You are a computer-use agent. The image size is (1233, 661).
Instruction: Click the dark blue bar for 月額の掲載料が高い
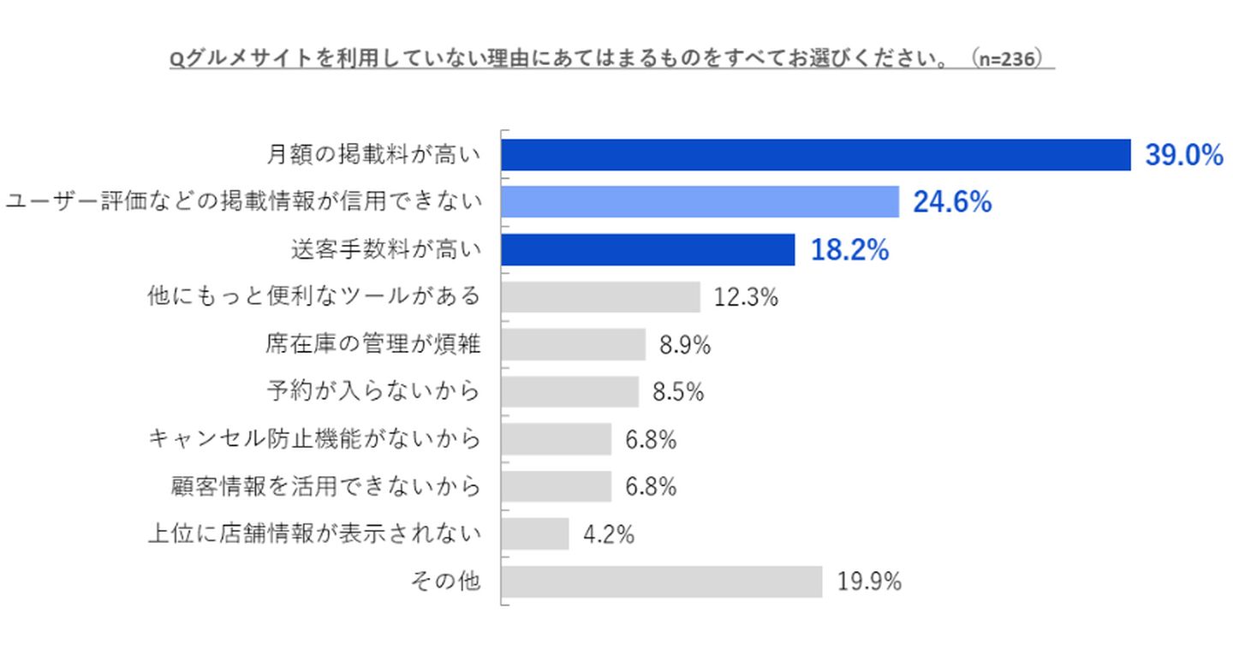(x=815, y=155)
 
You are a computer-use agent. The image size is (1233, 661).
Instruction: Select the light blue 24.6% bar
(x=700, y=202)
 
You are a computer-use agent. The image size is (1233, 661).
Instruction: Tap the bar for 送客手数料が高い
(x=647, y=250)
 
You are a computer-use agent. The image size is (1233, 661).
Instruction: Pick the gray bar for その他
(x=661, y=582)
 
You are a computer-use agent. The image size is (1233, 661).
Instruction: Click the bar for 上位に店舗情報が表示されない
(x=535, y=534)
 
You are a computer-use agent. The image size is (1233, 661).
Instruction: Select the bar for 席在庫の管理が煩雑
(x=573, y=344)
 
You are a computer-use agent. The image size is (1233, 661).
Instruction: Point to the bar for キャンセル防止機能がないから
(x=556, y=439)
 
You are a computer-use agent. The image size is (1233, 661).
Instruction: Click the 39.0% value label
(x=1184, y=155)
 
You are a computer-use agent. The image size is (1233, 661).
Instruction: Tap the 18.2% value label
(x=849, y=250)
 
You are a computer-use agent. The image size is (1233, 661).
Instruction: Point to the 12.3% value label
(x=746, y=297)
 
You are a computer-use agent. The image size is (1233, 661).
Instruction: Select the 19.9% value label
(x=869, y=582)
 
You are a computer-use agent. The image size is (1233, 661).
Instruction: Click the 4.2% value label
(x=608, y=534)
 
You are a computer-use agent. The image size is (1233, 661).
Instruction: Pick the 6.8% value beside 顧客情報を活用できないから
(x=651, y=487)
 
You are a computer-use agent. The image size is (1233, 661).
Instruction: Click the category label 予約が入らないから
(x=372, y=392)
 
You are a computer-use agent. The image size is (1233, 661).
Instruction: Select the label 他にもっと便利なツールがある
(x=313, y=297)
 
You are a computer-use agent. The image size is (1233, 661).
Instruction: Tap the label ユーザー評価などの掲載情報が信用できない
(x=243, y=202)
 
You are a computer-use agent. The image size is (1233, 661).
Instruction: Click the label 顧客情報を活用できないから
(x=325, y=487)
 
